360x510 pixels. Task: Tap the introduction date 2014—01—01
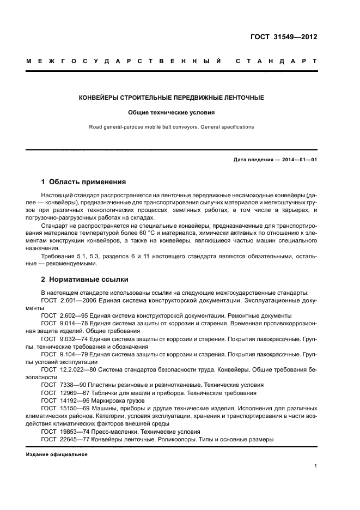tap(298, 159)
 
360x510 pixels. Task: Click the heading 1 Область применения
tap(84, 182)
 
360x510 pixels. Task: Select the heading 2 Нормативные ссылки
tap(85, 280)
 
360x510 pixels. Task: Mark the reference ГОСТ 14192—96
tap(62, 400)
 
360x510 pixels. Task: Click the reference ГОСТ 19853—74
tap(62, 430)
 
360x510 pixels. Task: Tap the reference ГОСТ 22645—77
tap(62, 439)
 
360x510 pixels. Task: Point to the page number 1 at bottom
tap(316, 466)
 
